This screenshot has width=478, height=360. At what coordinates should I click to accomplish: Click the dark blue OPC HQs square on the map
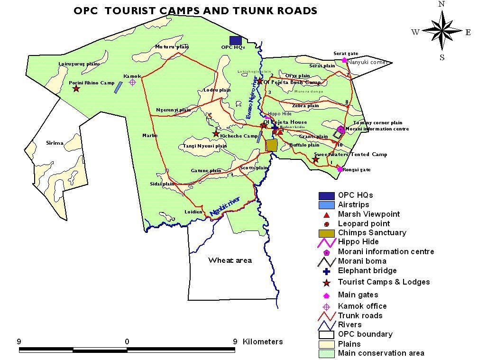[x=235, y=40]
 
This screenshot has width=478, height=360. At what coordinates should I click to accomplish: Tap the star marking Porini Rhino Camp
[x=76, y=88]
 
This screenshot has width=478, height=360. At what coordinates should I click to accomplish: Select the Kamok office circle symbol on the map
[x=133, y=82]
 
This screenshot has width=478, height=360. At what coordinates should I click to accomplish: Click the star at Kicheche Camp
[x=216, y=134]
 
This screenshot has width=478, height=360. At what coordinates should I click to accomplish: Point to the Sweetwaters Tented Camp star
[x=316, y=160]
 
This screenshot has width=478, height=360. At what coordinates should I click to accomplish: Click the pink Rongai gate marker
[x=340, y=169]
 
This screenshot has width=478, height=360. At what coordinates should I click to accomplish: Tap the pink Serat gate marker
[x=344, y=60]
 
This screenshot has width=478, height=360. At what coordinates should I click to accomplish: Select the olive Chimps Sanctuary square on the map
[x=271, y=145]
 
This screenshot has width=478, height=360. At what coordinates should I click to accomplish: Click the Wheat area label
[x=230, y=260]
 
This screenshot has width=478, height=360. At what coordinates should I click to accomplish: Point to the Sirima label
[x=55, y=143]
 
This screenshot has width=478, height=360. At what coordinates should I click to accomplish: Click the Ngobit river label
[x=225, y=207]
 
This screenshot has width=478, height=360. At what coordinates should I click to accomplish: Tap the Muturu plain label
[x=172, y=46]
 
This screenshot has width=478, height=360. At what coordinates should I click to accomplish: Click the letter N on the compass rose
[x=441, y=4]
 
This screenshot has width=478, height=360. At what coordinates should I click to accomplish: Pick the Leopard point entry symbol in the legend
[x=326, y=224]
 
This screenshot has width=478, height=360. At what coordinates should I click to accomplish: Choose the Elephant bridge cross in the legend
[x=326, y=271]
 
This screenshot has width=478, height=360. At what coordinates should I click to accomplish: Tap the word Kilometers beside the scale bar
[x=263, y=342]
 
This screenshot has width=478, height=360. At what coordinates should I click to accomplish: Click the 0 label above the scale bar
[x=127, y=342]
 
